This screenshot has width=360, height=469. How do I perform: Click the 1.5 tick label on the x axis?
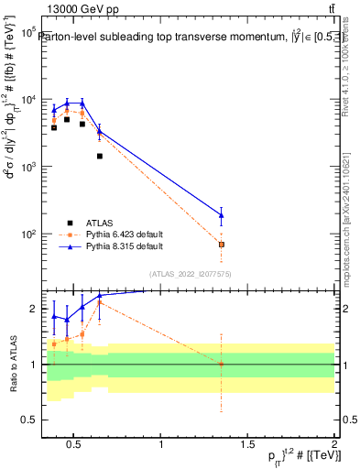pyautogui.click(x=247, y=445)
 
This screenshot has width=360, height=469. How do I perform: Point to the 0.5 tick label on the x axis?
pyautogui.click(x=75, y=445)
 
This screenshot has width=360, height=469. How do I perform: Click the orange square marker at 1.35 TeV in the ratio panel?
pyautogui.click(x=221, y=364)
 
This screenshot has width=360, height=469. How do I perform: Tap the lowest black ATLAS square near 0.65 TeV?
pyautogui.click(x=99, y=157)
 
